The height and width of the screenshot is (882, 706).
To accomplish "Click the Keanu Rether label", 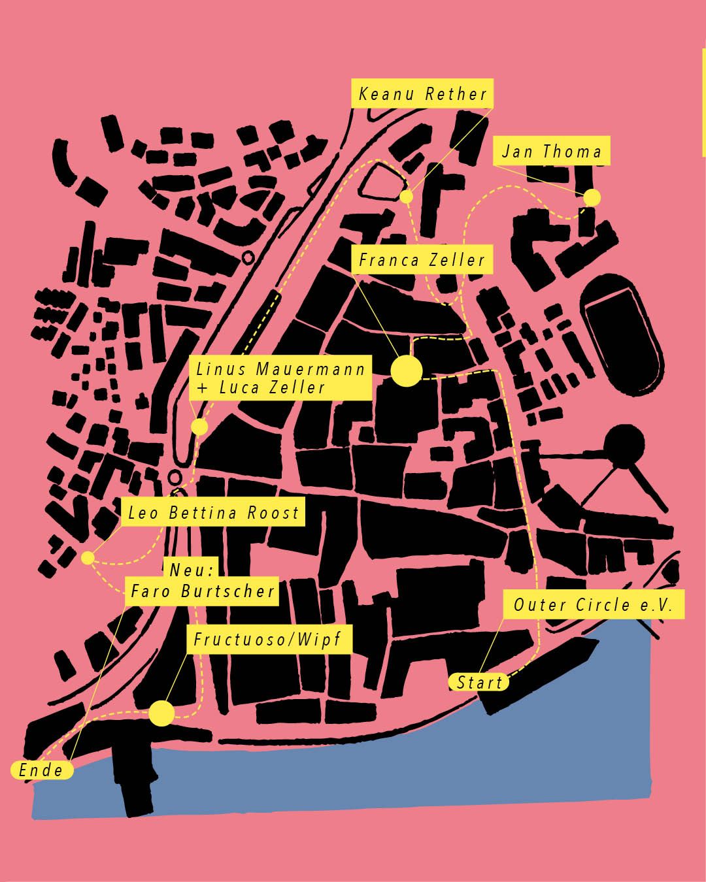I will [x=422, y=94].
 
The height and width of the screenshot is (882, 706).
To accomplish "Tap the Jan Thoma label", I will [x=551, y=152].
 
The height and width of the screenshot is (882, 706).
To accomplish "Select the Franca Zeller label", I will [x=422, y=260].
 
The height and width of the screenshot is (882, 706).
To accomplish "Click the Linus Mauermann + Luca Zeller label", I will [x=280, y=378].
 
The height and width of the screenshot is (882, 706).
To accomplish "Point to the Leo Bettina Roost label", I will [x=213, y=513].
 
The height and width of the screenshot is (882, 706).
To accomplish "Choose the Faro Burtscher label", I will [x=202, y=592].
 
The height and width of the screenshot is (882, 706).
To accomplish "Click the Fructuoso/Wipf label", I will [x=267, y=639].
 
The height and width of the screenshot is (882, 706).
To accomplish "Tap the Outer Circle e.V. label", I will [x=593, y=605].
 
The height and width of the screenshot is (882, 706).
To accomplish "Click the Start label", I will [x=479, y=683].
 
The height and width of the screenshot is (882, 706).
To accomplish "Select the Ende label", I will [x=41, y=770].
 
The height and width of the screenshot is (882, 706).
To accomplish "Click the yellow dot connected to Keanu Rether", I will [x=406, y=196].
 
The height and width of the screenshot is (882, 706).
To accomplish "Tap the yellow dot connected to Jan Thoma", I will [x=592, y=197].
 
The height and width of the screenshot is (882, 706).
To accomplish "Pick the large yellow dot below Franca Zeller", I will [x=406, y=371].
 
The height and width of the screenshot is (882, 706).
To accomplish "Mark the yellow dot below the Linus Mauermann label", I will [x=199, y=427].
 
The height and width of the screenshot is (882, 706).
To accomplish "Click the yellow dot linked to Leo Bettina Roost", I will [x=88, y=558].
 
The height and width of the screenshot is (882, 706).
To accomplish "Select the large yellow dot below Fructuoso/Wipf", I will [x=161, y=713].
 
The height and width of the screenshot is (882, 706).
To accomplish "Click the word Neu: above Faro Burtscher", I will [x=192, y=570].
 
